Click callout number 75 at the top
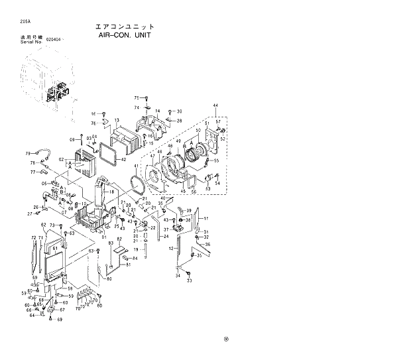coord(137,97)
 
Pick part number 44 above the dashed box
coord(215,106)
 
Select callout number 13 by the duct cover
coord(116,121)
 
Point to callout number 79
coord(28,152)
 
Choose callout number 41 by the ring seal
coord(137,165)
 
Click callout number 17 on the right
coord(206,219)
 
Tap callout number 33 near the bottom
coord(189,280)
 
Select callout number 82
coord(120,239)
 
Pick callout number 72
coord(32,237)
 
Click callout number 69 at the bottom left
coord(59,320)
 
